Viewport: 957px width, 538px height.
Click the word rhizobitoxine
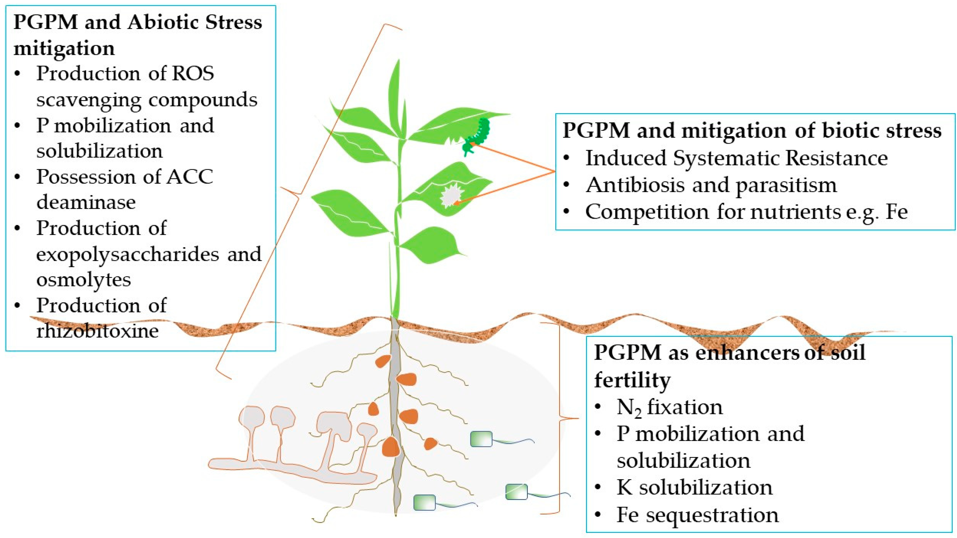(x=97, y=330)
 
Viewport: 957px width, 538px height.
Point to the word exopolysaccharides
(x=127, y=254)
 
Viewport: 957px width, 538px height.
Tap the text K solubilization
(x=694, y=487)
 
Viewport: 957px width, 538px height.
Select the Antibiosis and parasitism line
(x=711, y=185)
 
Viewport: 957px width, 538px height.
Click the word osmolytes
(x=84, y=279)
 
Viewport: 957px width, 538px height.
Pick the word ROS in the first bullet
(x=193, y=73)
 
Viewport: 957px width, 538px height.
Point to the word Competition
(x=647, y=212)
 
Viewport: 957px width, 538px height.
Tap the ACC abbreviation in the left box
(x=190, y=177)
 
